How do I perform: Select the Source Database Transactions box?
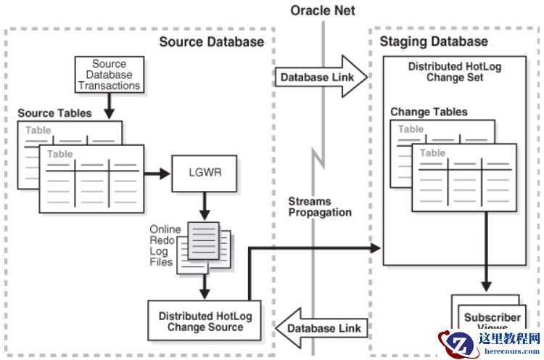[108, 75]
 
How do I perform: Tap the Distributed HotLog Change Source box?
[205, 322]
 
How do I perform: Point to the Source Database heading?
[211, 42]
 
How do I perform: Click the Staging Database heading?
[434, 42]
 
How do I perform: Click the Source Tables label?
[54, 114]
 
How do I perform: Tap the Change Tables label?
[429, 112]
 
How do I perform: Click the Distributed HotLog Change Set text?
[454, 72]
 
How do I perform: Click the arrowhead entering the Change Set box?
[376, 248]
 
